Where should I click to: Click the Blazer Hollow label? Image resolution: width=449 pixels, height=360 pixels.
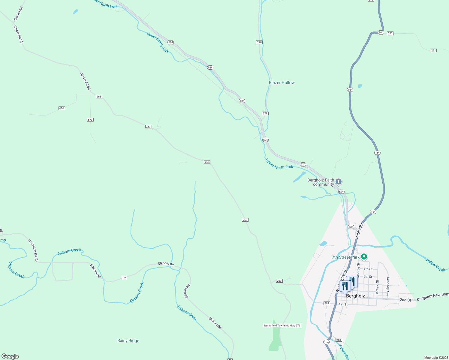(x=282, y=82)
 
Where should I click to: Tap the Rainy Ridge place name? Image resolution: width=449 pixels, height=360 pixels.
(x=128, y=340)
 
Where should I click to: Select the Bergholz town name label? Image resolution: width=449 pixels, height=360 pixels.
(x=355, y=296)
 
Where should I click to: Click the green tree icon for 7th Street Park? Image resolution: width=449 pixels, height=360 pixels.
(x=364, y=257)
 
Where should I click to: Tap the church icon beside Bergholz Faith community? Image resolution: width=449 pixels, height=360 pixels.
(x=339, y=181)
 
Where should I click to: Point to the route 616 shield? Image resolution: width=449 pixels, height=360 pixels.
(x=62, y=108)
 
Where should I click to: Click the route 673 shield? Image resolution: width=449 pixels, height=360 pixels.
(x=90, y=120)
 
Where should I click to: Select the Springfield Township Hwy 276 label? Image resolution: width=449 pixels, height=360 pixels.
(x=282, y=325)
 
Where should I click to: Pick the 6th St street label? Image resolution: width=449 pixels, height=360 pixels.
(x=368, y=269)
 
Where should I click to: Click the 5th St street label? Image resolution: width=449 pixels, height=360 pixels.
(x=368, y=277)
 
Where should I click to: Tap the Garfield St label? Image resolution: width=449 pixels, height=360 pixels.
(x=378, y=288)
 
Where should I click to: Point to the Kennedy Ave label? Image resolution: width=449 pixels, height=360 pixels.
(x=388, y=286)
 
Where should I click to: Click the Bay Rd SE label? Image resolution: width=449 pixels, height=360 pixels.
(x=18, y=14)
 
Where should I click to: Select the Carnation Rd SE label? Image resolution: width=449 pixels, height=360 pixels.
(x=33, y=250)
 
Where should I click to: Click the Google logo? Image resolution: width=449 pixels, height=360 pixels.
(x=10, y=356)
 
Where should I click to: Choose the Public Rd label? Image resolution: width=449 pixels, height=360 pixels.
(x=359, y=231)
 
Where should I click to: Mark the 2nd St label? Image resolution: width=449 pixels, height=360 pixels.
(x=405, y=300)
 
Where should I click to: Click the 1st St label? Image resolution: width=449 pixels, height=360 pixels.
(x=343, y=304)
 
